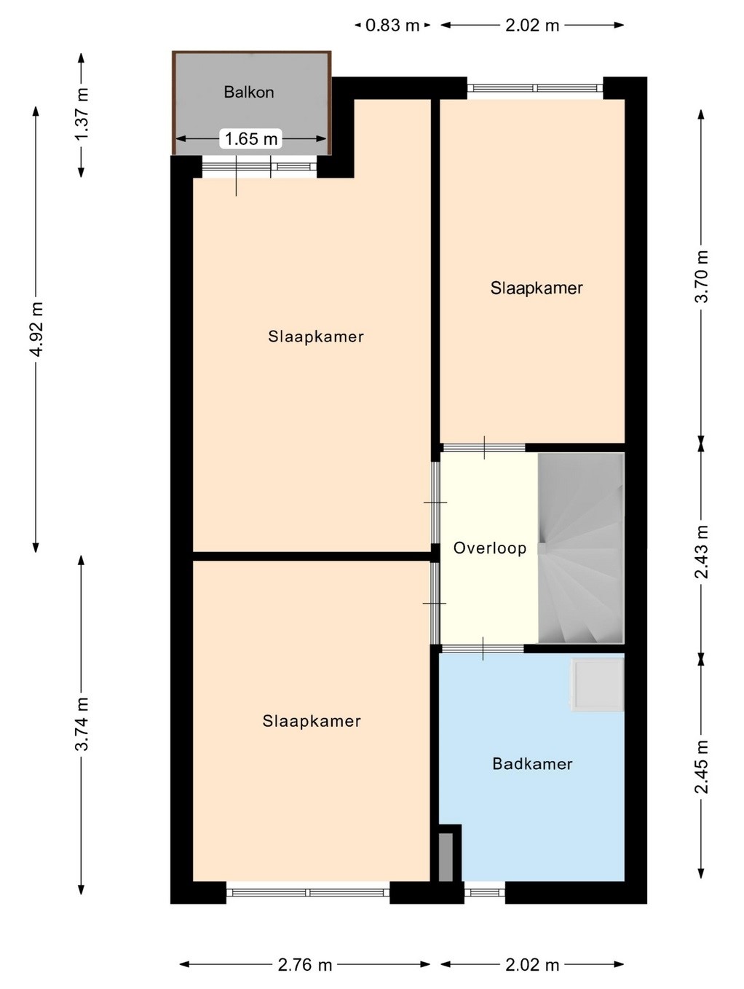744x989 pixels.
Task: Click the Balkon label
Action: (248, 92)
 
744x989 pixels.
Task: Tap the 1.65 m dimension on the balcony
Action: (251, 138)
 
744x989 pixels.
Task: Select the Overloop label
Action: (489, 548)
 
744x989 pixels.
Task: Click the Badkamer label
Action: (532, 764)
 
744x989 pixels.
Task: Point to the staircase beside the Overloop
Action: (581, 548)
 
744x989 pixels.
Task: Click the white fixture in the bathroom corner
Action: (597, 685)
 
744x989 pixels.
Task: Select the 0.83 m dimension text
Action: (392, 25)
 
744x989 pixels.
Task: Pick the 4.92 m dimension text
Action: (36, 329)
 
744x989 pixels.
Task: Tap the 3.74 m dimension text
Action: (82, 724)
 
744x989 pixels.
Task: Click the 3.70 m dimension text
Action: (702, 276)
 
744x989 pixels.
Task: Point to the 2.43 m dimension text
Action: (702, 551)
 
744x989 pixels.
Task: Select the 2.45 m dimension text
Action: (702, 766)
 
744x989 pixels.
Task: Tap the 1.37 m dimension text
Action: (82, 114)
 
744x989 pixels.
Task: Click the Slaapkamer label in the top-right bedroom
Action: (537, 288)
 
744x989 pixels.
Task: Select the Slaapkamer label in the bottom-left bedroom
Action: (312, 721)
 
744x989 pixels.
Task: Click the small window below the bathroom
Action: (485, 892)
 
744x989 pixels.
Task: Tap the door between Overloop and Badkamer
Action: (483, 648)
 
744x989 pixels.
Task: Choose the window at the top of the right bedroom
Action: (535, 88)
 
